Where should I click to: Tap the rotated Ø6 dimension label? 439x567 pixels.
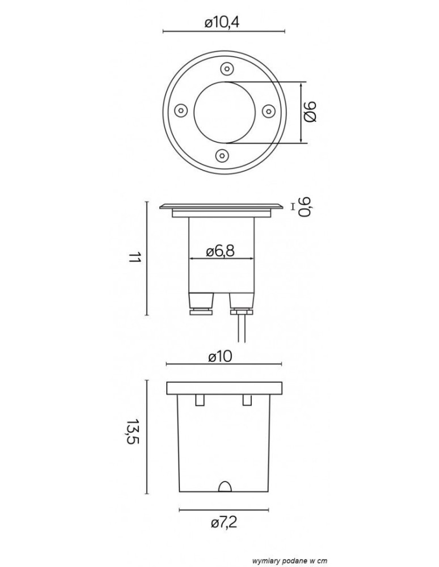pyautogui.click(x=310, y=112)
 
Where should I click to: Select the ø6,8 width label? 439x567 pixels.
pyautogui.click(x=221, y=251)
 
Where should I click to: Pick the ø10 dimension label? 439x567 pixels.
pyautogui.click(x=221, y=357)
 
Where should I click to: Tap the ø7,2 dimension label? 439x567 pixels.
pyautogui.click(x=224, y=523)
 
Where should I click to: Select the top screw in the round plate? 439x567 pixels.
pyautogui.click(x=226, y=68)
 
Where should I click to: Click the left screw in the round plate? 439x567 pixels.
pyautogui.click(x=181, y=110)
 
